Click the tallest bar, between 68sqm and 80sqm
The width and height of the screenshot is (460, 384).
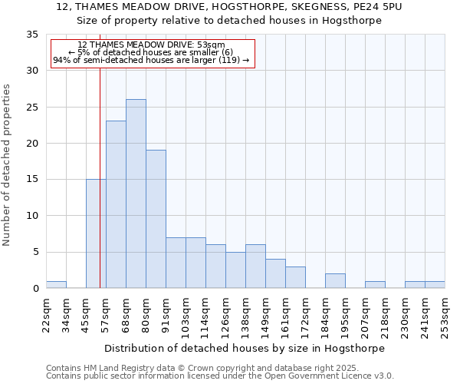[136, 194]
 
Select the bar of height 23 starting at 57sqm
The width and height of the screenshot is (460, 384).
[116, 204]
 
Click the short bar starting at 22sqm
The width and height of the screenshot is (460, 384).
[56, 284]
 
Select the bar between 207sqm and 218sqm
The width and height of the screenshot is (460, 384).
[375, 284]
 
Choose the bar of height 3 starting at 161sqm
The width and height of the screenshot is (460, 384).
[295, 277]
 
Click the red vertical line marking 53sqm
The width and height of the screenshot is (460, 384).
[100, 192]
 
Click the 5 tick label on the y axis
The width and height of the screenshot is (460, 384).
[34, 252]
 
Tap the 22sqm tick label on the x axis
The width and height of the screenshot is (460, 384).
[46, 313]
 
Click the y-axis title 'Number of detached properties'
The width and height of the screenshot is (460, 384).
[8, 165]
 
